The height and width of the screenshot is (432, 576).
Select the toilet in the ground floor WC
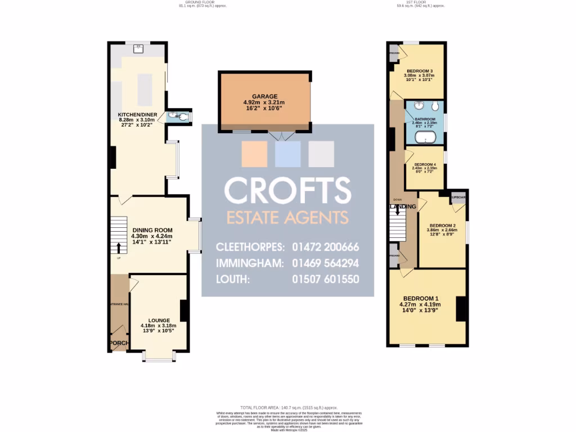pos(183,117)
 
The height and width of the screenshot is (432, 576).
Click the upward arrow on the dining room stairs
pos(119,247)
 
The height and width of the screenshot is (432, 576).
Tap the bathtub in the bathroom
pos(425,138)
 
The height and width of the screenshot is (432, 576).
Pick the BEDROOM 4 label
pos(424,164)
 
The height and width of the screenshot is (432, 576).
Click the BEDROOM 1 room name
pos(420,298)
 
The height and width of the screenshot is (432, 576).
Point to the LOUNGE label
pos(159,320)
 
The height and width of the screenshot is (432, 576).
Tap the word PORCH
pos(119,343)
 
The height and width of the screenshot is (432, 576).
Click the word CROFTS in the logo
pos(287,191)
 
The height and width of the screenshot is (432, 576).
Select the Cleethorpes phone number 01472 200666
pos(326,247)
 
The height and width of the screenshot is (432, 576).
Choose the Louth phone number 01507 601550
pos(326,279)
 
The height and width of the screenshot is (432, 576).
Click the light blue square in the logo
pos(287,154)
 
